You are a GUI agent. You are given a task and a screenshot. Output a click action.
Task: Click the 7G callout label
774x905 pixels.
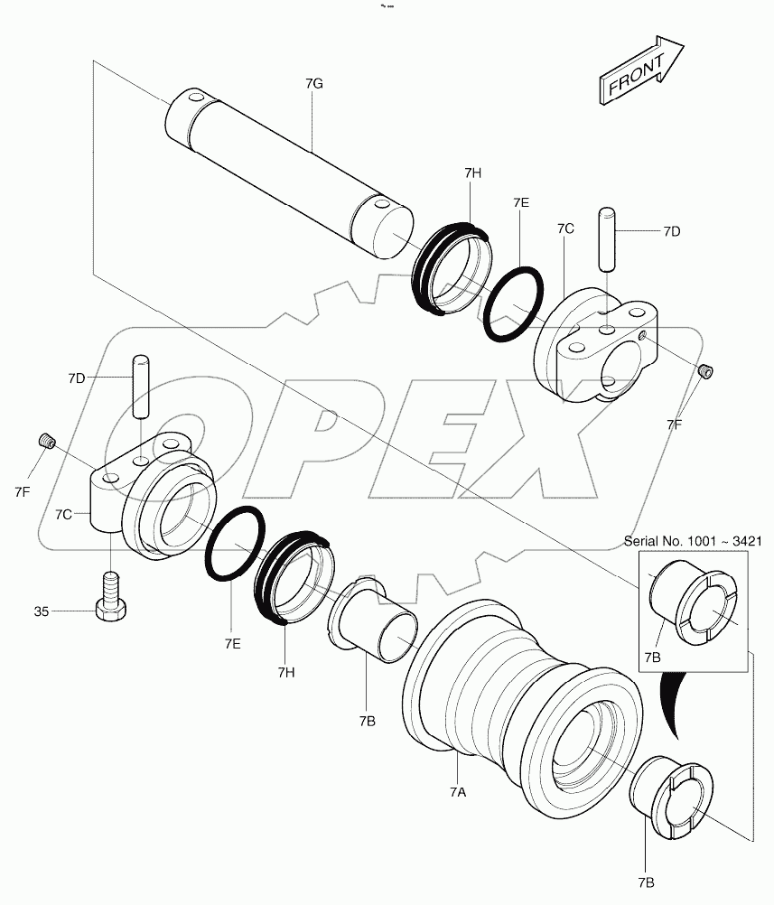tap(314, 84)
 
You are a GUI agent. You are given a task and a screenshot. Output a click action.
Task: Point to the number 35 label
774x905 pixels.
tap(42, 611)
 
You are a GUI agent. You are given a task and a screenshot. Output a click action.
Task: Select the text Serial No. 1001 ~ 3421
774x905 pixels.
tap(693, 541)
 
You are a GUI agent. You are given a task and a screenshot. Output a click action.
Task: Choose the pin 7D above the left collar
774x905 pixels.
tap(140, 386)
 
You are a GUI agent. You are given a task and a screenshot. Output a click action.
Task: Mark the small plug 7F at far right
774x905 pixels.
tap(708, 369)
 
